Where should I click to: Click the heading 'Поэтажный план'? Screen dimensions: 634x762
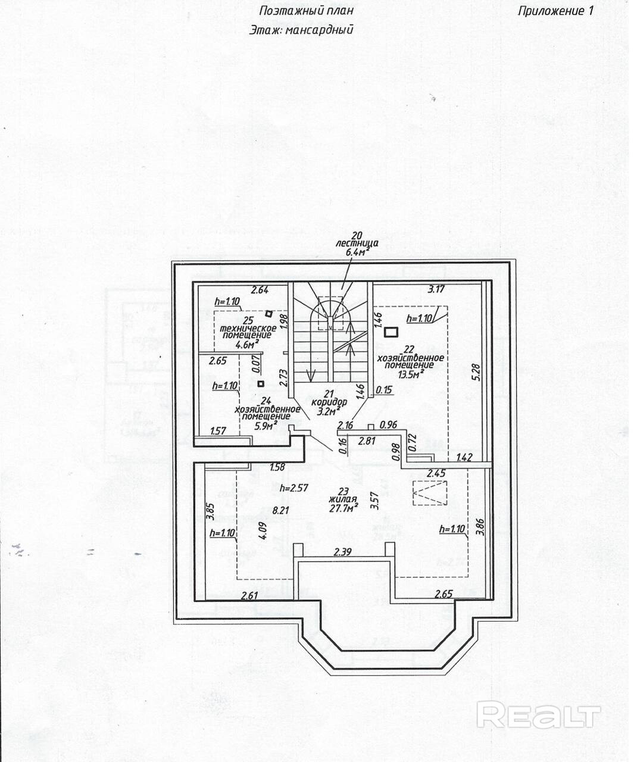306,11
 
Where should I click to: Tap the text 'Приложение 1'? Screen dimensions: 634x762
555,11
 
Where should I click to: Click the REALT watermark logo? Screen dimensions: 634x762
538,715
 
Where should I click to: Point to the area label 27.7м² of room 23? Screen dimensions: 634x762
344,508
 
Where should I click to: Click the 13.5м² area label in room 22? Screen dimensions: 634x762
411,374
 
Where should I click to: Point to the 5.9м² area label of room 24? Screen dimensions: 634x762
266,426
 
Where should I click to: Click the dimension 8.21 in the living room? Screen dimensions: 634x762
281,510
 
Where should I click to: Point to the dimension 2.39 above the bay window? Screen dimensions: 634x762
342,552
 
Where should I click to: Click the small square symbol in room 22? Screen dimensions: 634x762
391,332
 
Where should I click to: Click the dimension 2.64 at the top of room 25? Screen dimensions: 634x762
260,290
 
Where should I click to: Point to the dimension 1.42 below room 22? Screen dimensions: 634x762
465,458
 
